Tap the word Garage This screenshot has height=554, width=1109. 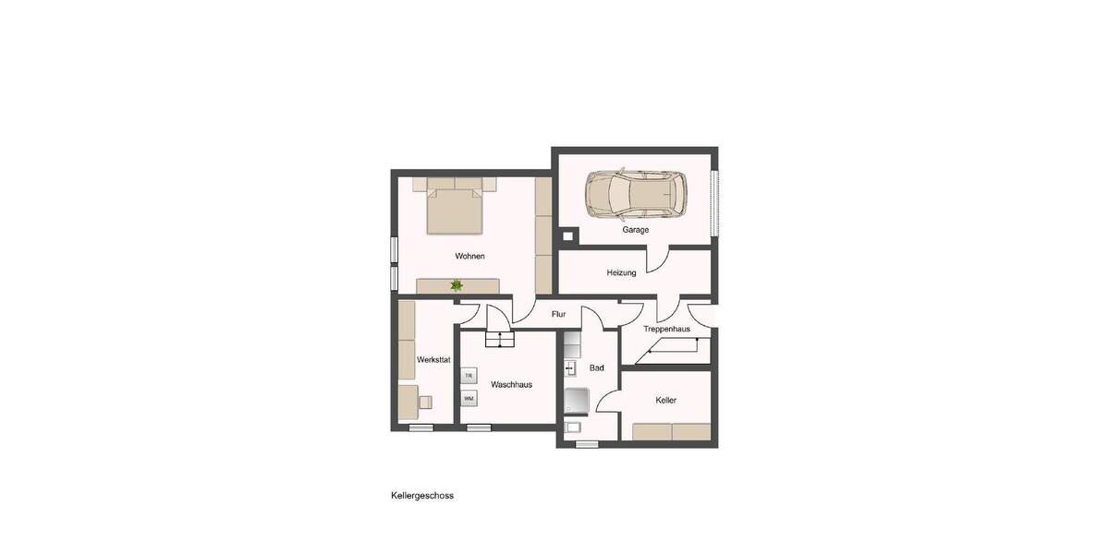tap(635, 230)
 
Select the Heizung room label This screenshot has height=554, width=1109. tap(621, 272)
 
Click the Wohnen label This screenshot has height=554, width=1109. tap(469, 256)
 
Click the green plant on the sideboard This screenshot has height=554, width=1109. tap(457, 285)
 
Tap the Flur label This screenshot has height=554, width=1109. tap(558, 314)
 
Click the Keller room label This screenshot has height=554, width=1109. tap(665, 401)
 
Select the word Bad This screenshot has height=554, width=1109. tap(597, 368)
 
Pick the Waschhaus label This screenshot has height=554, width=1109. tap(511, 384)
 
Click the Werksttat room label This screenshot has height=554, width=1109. tap(433, 359)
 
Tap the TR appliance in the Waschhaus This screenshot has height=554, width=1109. tap(469, 377)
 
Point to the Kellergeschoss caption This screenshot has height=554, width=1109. tap(422, 496)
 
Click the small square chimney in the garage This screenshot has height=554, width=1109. tap(568, 235)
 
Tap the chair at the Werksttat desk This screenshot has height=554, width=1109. tap(425, 401)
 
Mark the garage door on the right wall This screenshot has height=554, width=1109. tap(713, 203)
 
